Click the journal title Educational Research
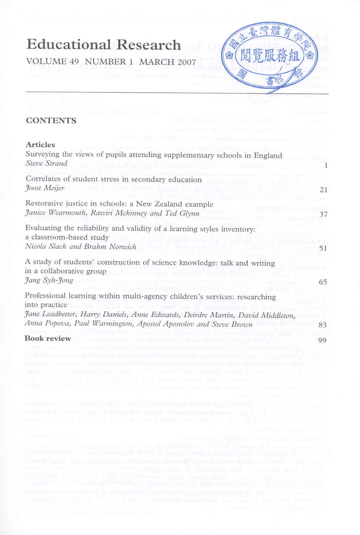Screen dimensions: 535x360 pyautogui.click(x=104, y=45)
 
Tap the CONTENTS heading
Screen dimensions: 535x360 pyautogui.click(x=51, y=120)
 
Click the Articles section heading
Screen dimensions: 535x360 pyautogui.click(x=40, y=144)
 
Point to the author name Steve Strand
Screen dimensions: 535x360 pyautogui.click(x=46, y=163)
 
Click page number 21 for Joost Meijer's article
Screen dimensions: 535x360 pyautogui.click(x=323, y=190)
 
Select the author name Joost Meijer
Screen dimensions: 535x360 pyautogui.click(x=45, y=188)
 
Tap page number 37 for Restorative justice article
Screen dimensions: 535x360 pyautogui.click(x=323, y=214)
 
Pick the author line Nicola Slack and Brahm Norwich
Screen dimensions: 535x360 pyautogui.click(x=81, y=246)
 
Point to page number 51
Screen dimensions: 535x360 pyautogui.click(x=323, y=248)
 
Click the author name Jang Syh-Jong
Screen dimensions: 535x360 pyautogui.click(x=49, y=280)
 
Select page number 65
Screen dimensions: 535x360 pyautogui.click(x=323, y=282)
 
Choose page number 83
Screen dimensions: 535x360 pyautogui.click(x=323, y=325)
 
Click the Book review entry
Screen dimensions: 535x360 pyautogui.click(x=47, y=338)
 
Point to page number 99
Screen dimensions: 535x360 pyautogui.click(x=322, y=340)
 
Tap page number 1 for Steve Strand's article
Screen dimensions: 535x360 pyautogui.click(x=326, y=166)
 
